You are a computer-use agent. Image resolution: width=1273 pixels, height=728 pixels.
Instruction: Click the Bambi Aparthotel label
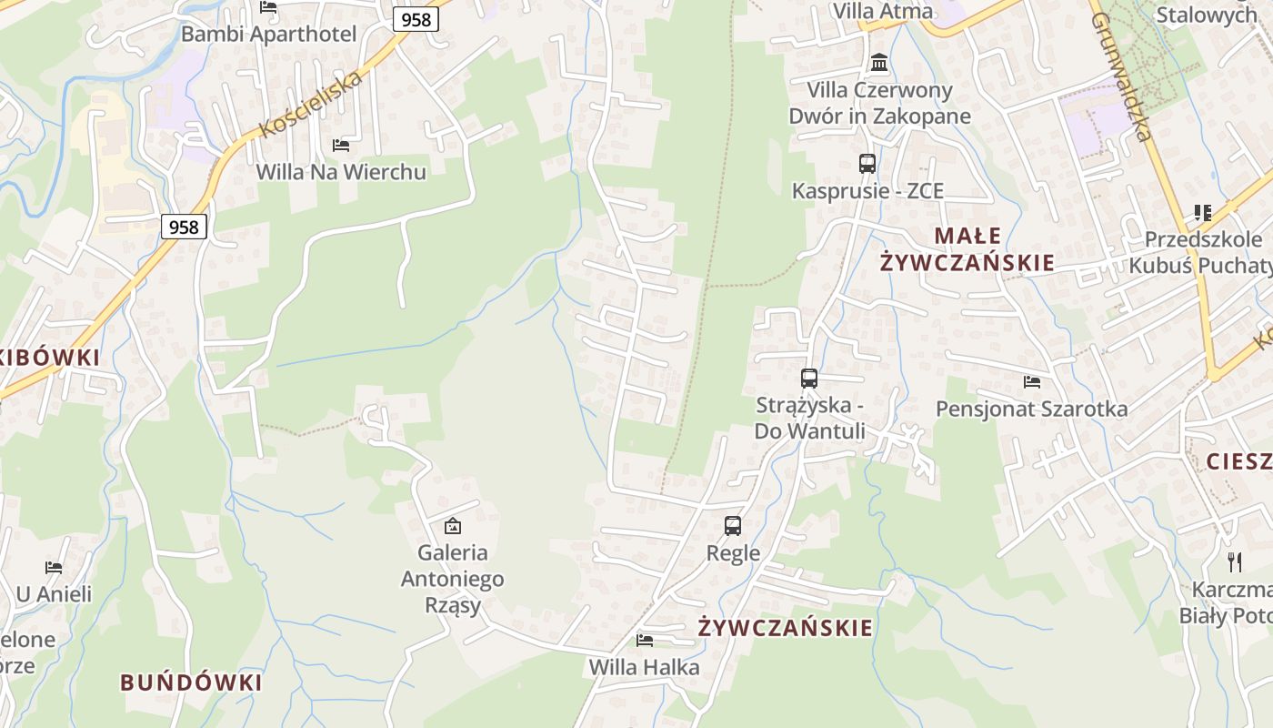[x=268, y=34]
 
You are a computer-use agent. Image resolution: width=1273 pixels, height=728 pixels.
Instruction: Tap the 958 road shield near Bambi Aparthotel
[x=416, y=19]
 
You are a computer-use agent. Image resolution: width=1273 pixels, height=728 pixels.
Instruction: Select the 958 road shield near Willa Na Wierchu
[x=184, y=227]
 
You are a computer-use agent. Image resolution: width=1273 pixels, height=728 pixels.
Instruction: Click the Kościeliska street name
[x=311, y=103]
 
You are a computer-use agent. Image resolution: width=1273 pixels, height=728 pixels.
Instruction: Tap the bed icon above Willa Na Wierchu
[x=341, y=145]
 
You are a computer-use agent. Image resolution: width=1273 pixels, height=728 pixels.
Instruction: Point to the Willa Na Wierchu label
[x=341, y=171]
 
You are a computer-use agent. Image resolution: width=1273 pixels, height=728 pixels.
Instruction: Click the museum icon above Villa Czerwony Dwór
[x=879, y=63]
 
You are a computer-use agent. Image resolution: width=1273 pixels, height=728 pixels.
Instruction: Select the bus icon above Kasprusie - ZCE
[x=867, y=164]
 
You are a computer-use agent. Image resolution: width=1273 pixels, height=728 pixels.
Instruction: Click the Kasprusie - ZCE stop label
[x=867, y=191]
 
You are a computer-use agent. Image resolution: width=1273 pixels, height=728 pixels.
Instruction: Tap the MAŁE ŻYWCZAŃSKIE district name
[x=967, y=249]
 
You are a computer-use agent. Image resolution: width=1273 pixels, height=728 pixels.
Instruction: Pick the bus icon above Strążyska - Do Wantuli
[x=809, y=379]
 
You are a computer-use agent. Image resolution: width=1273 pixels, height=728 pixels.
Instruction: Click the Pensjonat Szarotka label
[x=1031, y=409]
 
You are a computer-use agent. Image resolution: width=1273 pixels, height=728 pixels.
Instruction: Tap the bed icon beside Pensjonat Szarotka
[x=1032, y=381]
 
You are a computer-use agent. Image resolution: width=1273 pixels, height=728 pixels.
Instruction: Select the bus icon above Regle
[x=733, y=525]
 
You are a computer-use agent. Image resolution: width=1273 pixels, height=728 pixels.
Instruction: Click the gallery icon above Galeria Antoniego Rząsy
[x=452, y=525]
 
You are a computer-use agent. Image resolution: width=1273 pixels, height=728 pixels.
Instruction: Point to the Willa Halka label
[x=644, y=667]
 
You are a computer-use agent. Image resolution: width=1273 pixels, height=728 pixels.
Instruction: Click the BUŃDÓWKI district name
[x=191, y=682]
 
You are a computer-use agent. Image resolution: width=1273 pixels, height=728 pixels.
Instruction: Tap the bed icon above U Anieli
[x=54, y=568]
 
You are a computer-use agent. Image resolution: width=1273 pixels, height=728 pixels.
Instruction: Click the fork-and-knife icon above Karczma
[x=1234, y=561]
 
